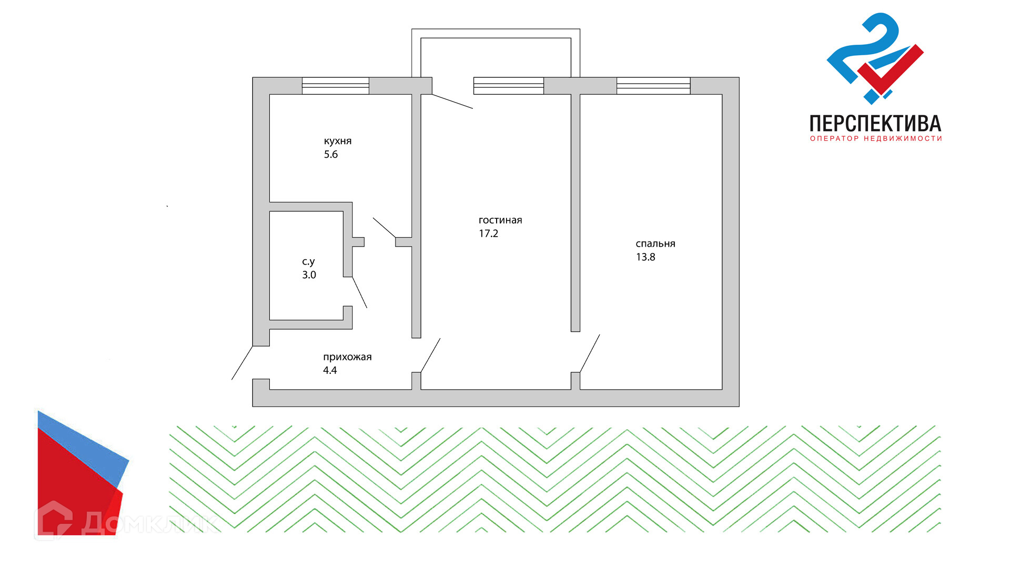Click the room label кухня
tap(338, 141)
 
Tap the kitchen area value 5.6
tap(331, 155)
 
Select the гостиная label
tap(500, 220)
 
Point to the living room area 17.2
tap(488, 234)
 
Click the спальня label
tap(655, 244)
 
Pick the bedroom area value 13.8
tap(645, 257)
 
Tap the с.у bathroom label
tap(308, 261)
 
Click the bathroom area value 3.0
tap(309, 275)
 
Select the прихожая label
tap(347, 357)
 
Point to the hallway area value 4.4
tap(330, 370)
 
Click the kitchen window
tap(336, 86)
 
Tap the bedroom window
tap(653, 86)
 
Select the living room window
tap(508, 86)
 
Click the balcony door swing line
tap(452, 102)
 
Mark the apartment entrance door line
tap(242, 363)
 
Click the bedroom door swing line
tap(590, 353)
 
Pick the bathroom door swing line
tap(360, 292)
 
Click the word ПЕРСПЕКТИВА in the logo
tap(875, 124)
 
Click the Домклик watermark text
tap(150, 523)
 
